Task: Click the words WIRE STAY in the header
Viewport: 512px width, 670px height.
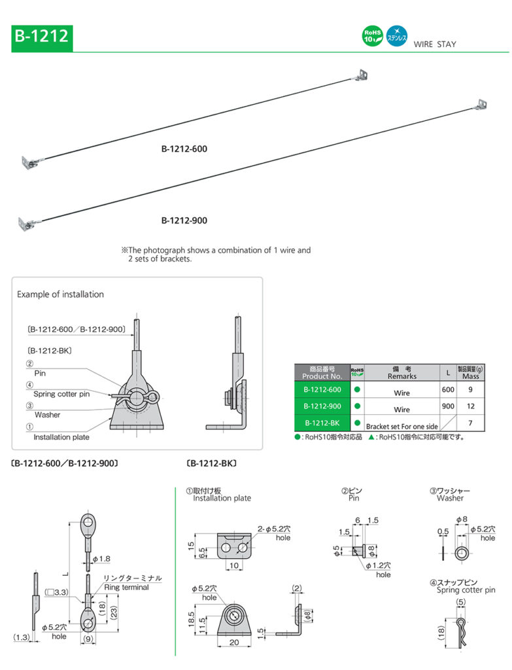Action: tap(435, 44)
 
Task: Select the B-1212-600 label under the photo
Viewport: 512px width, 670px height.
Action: tap(184, 149)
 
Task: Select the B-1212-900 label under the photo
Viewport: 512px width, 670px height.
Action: tap(184, 220)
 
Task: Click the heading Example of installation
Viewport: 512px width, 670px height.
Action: tap(60, 294)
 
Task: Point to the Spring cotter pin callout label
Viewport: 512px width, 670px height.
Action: tap(62, 394)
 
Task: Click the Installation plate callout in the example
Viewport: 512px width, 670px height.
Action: tap(61, 436)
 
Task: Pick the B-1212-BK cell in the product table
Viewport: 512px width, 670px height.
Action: tap(322, 423)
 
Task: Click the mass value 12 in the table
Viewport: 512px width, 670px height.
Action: tap(469, 406)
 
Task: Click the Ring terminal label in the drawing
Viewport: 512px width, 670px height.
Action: tap(126, 587)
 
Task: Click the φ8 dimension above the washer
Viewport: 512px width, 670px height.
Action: tap(462, 520)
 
